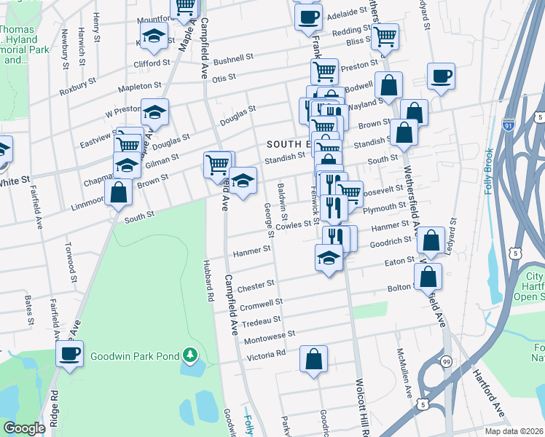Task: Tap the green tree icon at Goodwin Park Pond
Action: point(190,355)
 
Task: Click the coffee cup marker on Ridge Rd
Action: point(70,355)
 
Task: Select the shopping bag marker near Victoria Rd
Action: point(313,359)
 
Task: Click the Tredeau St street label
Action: point(261,320)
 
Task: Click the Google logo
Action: point(24,428)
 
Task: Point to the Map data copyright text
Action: point(514,431)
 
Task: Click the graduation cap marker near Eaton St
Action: point(329,257)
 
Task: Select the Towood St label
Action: point(71,258)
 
